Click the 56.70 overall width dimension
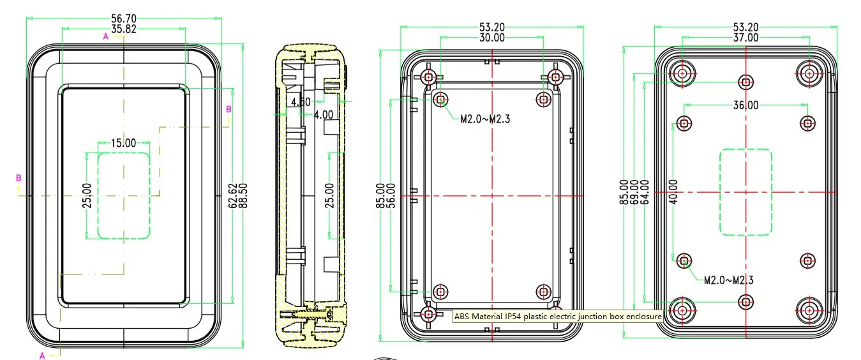tap(124, 19)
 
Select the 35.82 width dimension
tap(124, 29)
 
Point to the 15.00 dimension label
tap(123, 143)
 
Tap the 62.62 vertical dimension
tap(232, 195)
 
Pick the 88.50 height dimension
tap(243, 195)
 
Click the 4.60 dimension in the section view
tap(300, 102)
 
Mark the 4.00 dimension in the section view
tap(322, 115)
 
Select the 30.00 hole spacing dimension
tap(492, 38)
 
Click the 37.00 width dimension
tap(745, 38)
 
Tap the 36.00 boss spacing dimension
tap(745, 105)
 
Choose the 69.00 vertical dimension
tap(634, 192)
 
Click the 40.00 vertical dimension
tap(673, 192)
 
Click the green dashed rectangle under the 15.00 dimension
tap(123, 195)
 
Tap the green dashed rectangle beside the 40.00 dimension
tap(745, 192)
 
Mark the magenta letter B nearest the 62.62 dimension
tap(228, 109)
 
